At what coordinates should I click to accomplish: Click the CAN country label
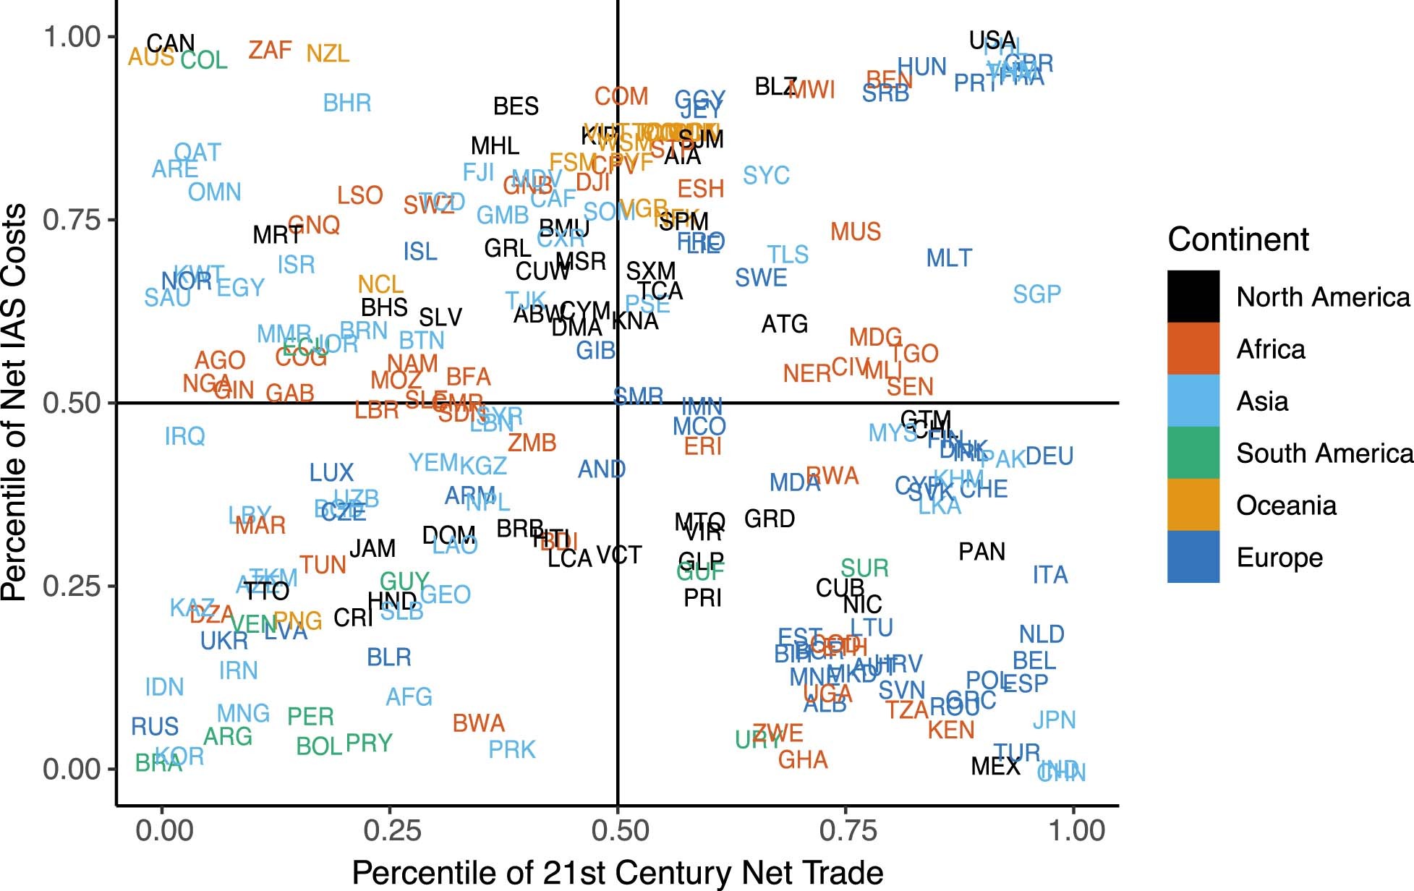click(171, 44)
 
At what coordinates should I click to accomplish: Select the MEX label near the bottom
click(995, 766)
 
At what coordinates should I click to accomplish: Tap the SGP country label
click(1036, 294)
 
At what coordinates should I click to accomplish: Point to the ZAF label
click(270, 51)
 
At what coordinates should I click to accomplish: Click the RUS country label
click(155, 726)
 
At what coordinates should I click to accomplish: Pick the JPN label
click(1054, 720)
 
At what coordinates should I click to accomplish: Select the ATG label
click(785, 324)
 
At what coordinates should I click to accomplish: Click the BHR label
click(347, 103)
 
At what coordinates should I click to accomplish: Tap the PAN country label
click(981, 552)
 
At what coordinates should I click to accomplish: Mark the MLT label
click(949, 258)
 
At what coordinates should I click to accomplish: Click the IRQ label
click(185, 436)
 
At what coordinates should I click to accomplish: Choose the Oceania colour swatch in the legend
click(1193, 505)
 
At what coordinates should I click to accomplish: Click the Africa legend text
click(1271, 349)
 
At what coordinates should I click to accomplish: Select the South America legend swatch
click(1193, 453)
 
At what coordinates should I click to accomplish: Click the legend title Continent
click(1238, 239)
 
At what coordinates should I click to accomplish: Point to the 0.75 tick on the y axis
click(72, 219)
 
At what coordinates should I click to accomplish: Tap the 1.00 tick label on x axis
click(1076, 830)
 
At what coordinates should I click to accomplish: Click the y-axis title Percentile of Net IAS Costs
click(14, 402)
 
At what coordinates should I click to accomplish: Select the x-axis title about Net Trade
click(617, 873)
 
